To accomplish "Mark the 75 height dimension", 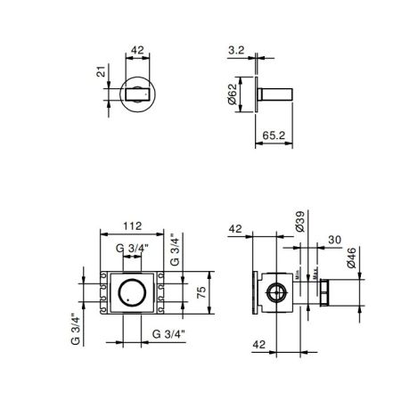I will pos(201,290).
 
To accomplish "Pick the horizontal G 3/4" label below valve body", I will pos(167,334).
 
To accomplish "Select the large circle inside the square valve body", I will pos(131,291).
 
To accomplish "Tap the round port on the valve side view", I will pos(276,291).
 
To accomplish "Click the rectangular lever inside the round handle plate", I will pos(138,93).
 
